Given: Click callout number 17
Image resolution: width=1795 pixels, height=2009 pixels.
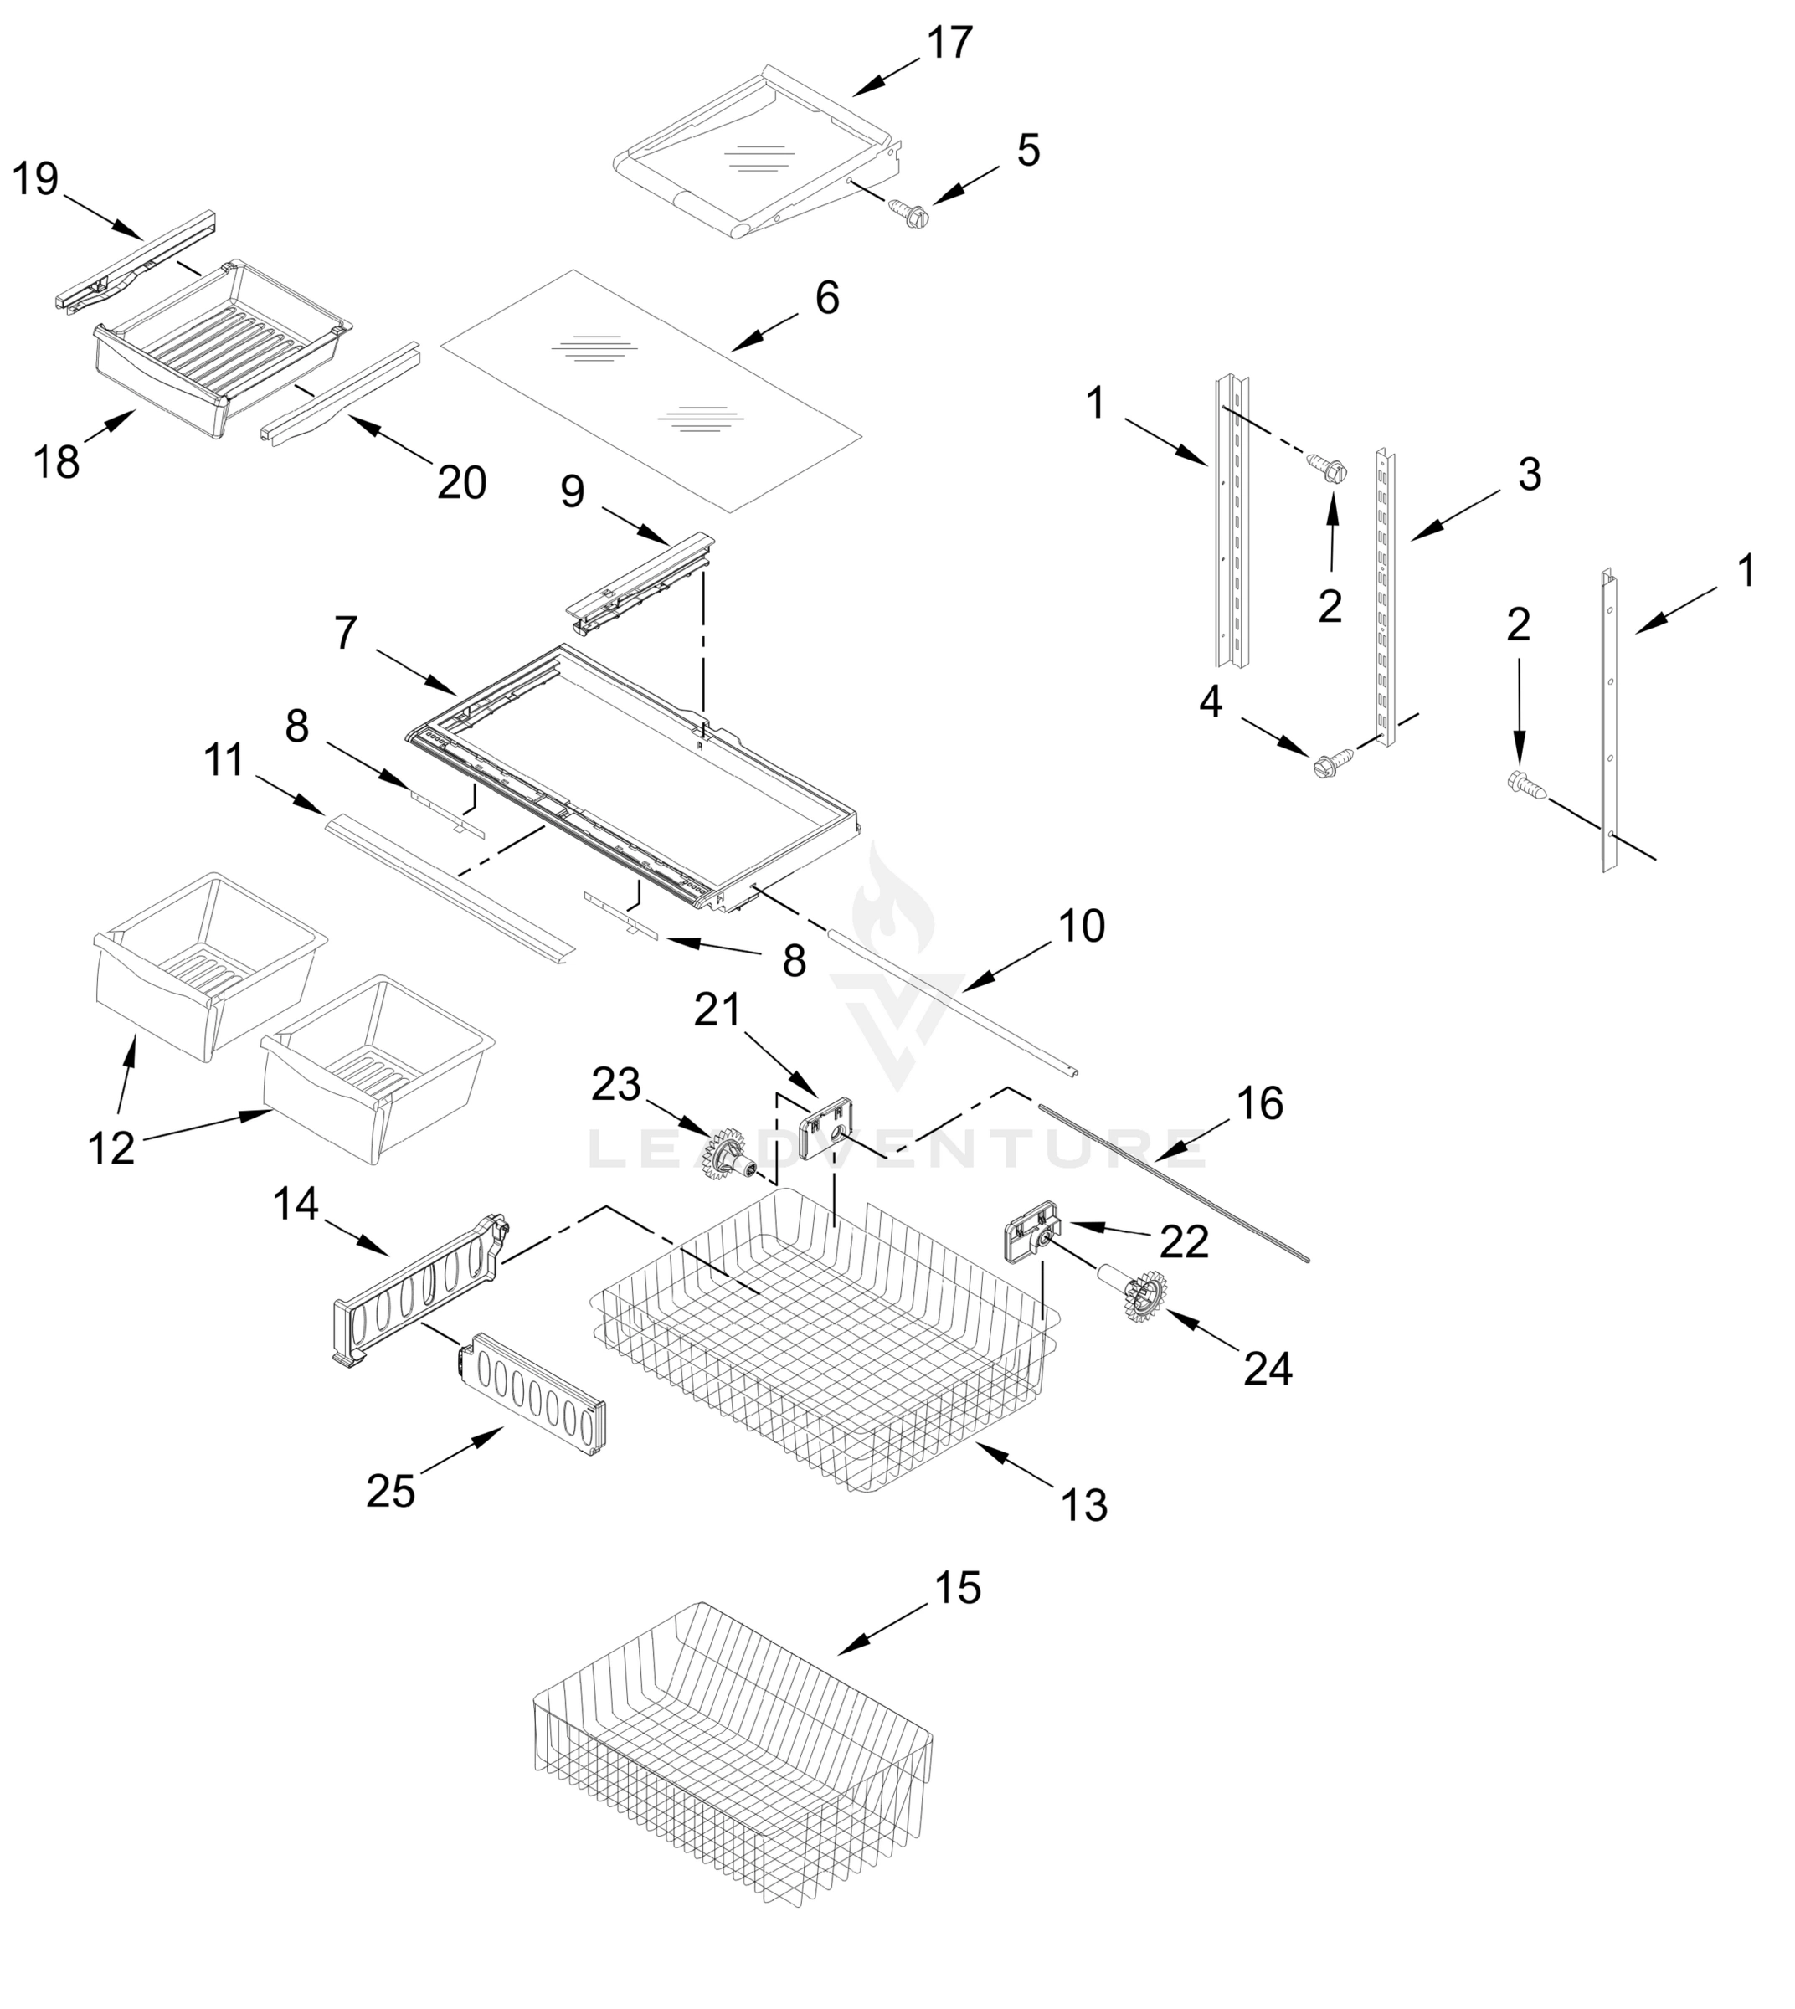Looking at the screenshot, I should pyautogui.click(x=949, y=44).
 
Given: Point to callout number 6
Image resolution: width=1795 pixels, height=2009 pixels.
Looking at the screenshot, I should pyautogui.click(x=826, y=298).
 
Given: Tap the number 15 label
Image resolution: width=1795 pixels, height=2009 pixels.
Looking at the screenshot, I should pyautogui.click(x=957, y=1589).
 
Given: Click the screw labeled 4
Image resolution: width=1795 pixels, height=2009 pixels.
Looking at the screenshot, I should pyautogui.click(x=1326, y=764).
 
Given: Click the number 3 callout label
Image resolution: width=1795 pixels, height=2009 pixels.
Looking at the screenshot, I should pyautogui.click(x=1529, y=475).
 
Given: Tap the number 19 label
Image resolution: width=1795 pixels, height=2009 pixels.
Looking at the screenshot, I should pyautogui.click(x=35, y=179).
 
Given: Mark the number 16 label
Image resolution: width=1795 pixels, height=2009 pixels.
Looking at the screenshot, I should pyautogui.click(x=1259, y=1103).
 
